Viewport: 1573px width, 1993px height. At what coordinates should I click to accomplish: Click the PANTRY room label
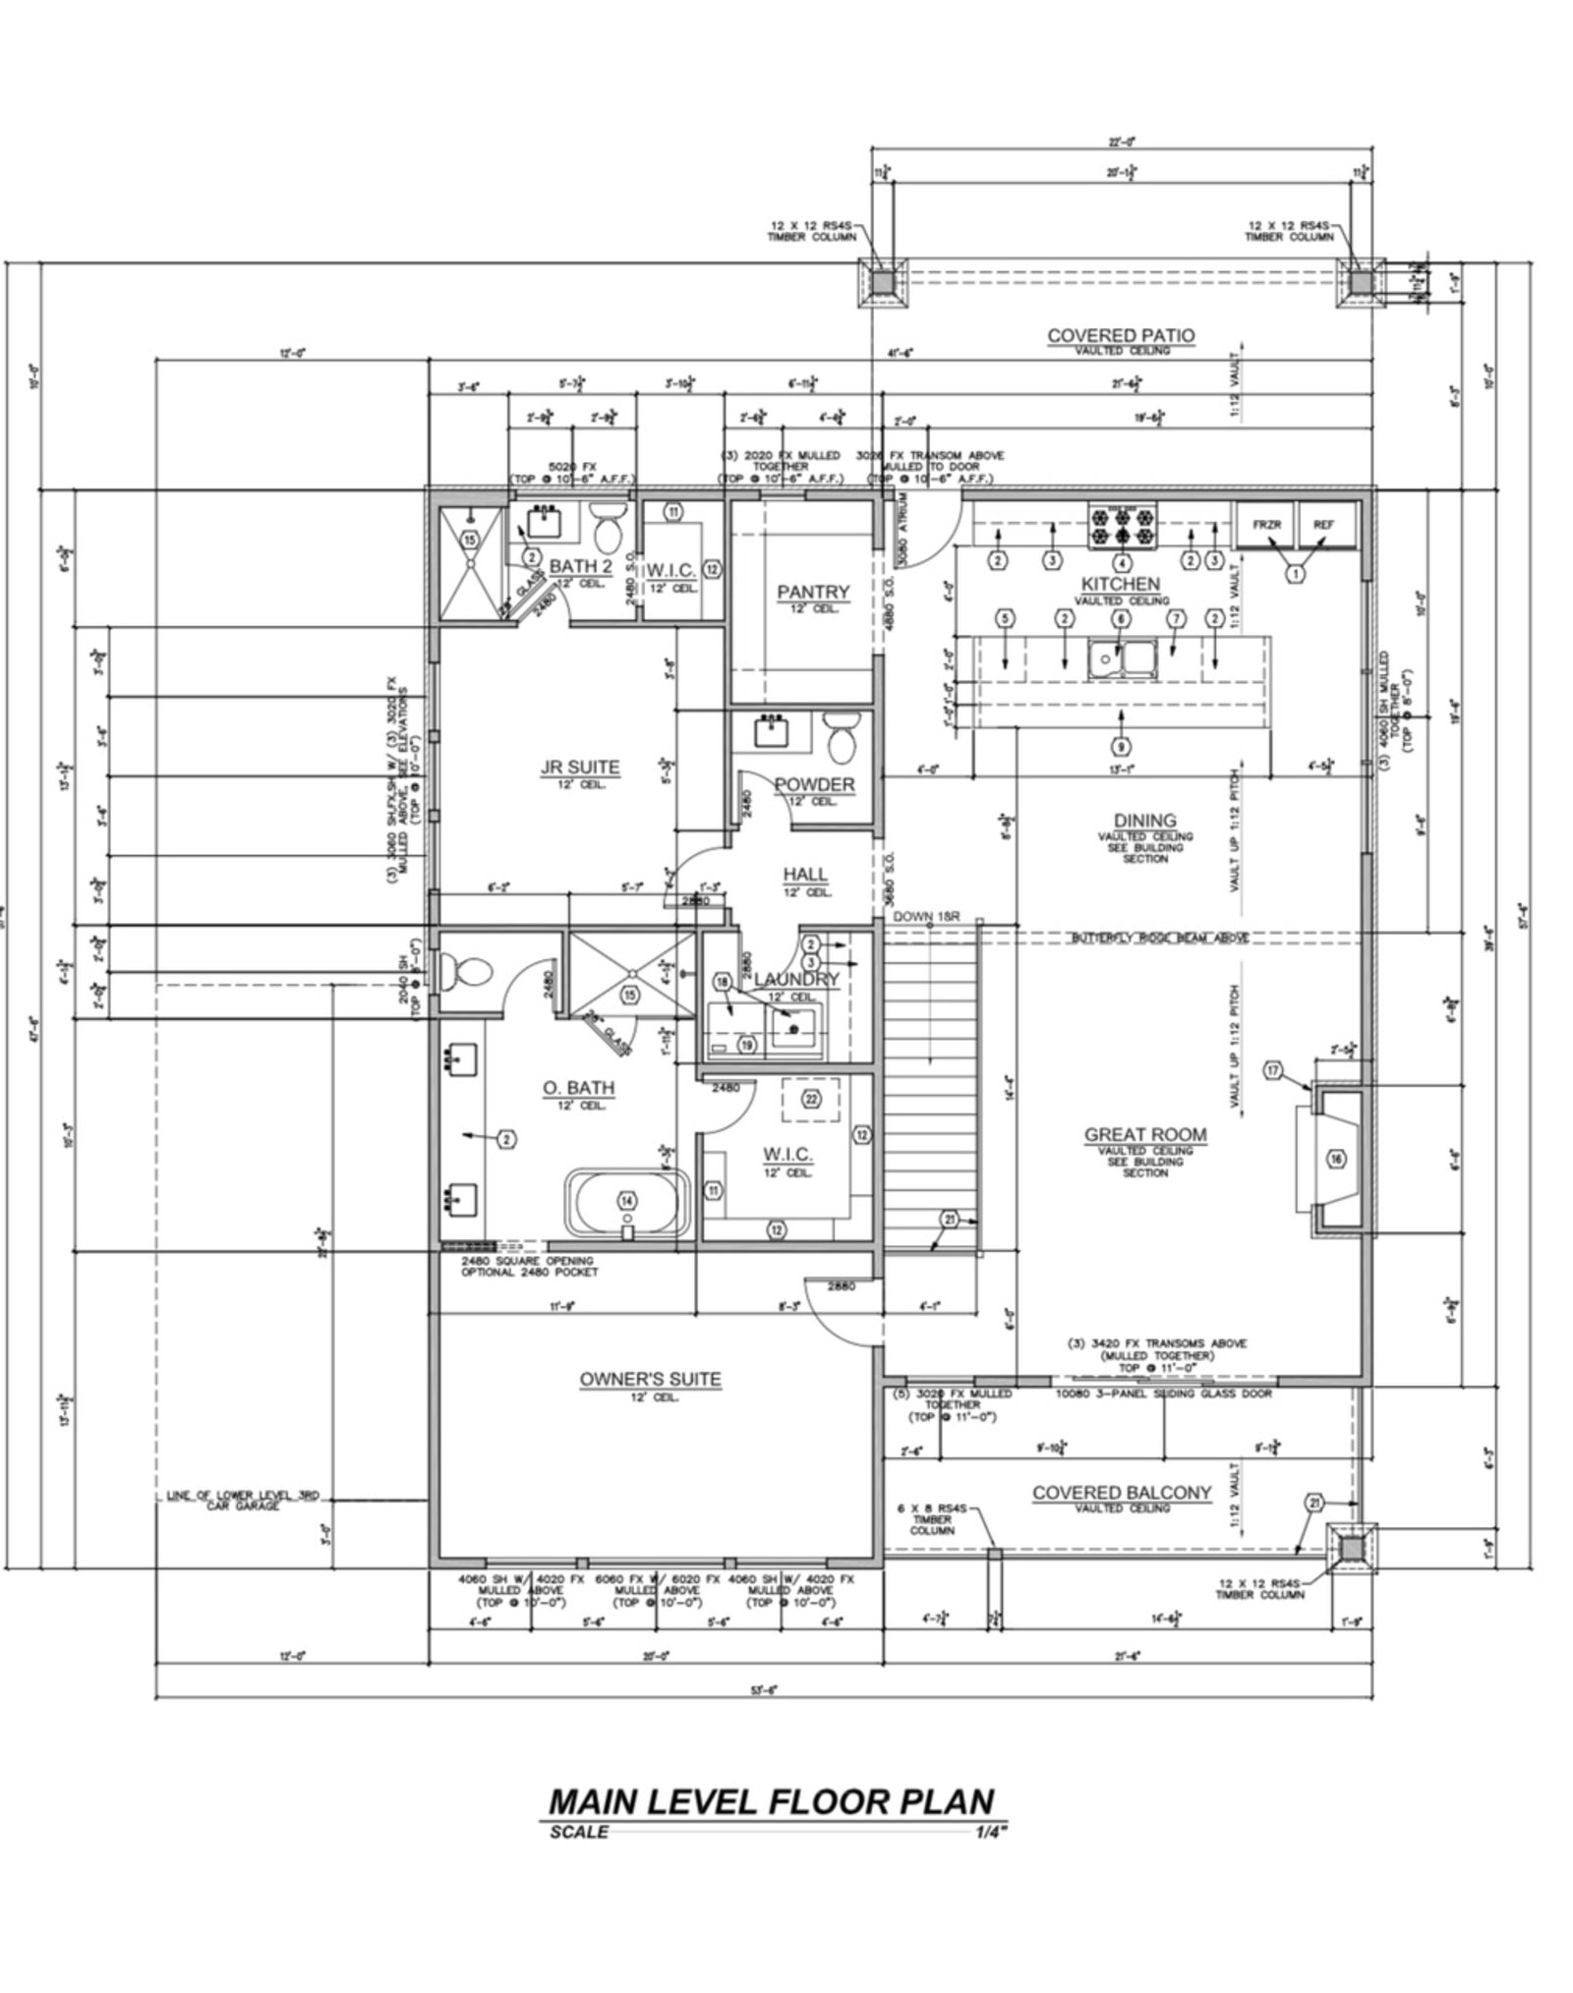pyautogui.click(x=812, y=592)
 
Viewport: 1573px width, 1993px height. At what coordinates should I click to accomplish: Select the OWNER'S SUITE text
pyautogui.click(x=650, y=1380)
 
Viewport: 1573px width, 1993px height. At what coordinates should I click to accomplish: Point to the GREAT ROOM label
pyautogui.click(x=1145, y=1134)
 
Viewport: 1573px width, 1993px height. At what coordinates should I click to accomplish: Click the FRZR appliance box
pyautogui.click(x=1266, y=526)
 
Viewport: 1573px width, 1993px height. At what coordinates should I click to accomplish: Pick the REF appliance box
pyautogui.click(x=1323, y=526)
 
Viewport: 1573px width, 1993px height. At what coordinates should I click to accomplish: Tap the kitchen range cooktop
pyautogui.click(x=1121, y=525)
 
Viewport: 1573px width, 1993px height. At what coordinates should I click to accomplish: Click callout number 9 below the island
pyautogui.click(x=1121, y=744)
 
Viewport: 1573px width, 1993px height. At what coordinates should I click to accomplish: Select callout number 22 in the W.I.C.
pyautogui.click(x=812, y=1099)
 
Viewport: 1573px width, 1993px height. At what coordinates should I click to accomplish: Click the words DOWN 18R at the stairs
pyautogui.click(x=924, y=917)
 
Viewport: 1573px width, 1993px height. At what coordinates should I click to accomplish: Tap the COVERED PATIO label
pyautogui.click(x=1121, y=336)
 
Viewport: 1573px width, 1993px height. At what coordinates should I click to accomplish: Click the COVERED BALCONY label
pyautogui.click(x=1121, y=1493)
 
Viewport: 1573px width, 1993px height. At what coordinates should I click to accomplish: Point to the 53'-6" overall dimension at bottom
pyautogui.click(x=763, y=1690)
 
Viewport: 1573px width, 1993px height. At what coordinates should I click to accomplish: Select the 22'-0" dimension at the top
pyautogui.click(x=1121, y=142)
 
